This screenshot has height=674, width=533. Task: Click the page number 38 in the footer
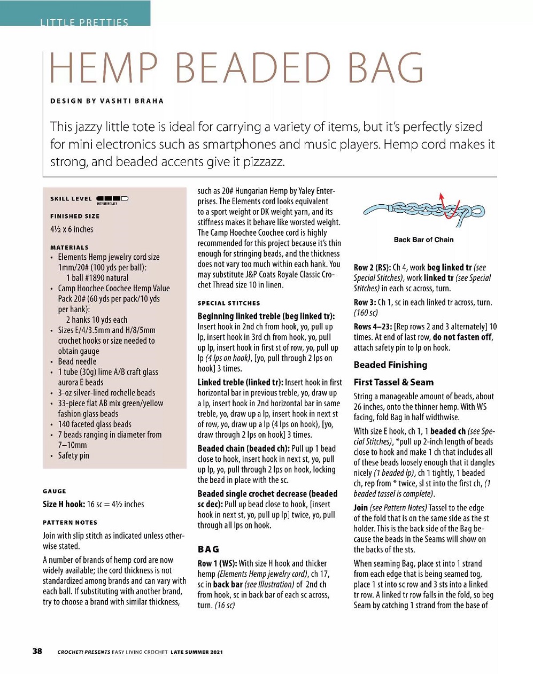(37, 651)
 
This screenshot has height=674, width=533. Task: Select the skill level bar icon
(112, 199)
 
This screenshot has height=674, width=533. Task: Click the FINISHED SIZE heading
(75, 216)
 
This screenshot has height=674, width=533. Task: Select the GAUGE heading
(55, 491)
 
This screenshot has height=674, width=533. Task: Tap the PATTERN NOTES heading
(70, 523)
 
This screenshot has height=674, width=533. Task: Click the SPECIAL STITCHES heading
(229, 303)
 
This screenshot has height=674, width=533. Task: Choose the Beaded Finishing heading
(390, 365)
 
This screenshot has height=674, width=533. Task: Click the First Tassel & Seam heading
(393, 382)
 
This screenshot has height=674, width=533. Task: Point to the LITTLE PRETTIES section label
(84, 22)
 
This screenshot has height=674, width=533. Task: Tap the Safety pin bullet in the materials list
(74, 456)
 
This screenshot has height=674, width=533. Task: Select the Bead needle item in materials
(77, 362)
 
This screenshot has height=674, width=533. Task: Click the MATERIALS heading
(69, 247)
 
